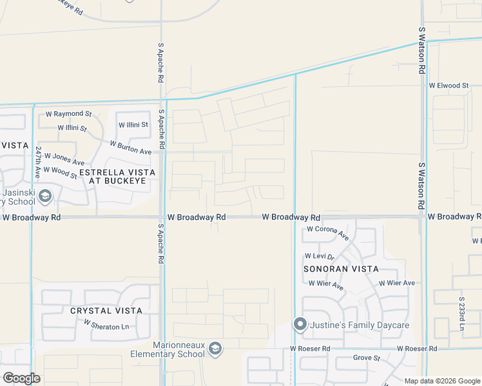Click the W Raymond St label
click(69, 114)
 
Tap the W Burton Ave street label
click(130, 147)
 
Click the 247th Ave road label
click(39, 162)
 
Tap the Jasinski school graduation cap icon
click(45, 196)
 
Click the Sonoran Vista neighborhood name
click(341, 269)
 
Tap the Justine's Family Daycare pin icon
click(300, 325)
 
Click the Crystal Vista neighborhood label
click(106, 311)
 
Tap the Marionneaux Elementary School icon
click(215, 349)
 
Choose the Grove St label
click(367, 358)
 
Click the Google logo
click(21, 378)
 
